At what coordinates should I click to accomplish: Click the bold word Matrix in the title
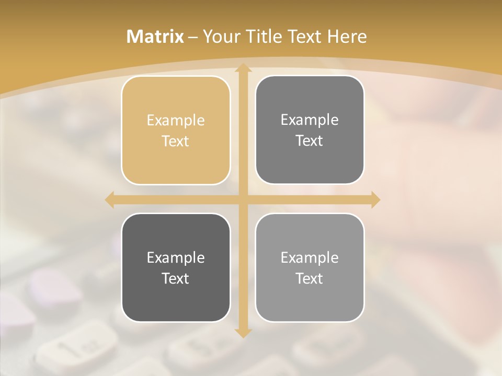(x=155, y=37)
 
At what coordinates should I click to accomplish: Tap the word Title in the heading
(x=264, y=37)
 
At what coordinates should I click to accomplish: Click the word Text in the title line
(x=305, y=37)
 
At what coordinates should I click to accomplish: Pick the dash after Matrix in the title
(x=193, y=37)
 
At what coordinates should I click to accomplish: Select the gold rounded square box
(x=176, y=131)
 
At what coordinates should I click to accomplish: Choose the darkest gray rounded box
(x=176, y=267)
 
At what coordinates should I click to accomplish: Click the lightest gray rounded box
(x=310, y=267)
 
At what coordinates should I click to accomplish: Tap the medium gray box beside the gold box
(x=310, y=130)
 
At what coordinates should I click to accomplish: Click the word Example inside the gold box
(x=176, y=121)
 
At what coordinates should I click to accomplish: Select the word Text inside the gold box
(x=176, y=142)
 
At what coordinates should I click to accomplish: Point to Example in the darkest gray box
(x=176, y=257)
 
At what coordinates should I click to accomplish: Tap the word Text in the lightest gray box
(x=310, y=278)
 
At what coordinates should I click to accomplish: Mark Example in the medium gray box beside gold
(x=310, y=120)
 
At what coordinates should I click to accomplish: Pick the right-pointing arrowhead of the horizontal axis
(x=375, y=199)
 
